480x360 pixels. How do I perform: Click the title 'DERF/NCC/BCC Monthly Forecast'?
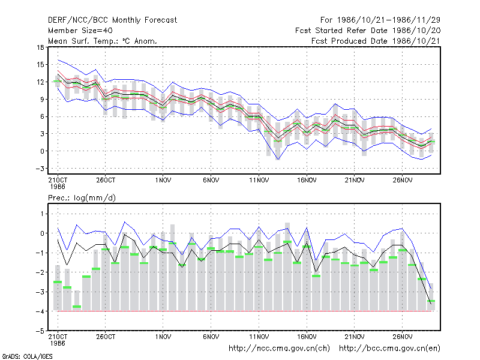tap(112, 20)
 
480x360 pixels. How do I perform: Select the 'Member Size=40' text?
tap(80, 31)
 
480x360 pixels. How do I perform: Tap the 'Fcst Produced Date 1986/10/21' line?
tap(376, 41)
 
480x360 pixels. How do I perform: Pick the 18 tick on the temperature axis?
tap(40, 47)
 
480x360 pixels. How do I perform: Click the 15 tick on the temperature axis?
tap(40, 65)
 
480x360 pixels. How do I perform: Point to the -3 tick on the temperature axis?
tap(39, 169)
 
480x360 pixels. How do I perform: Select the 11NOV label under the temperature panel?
tap(259, 181)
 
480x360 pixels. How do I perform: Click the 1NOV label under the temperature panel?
tap(163, 181)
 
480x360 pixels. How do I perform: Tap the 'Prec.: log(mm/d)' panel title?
tap(82, 198)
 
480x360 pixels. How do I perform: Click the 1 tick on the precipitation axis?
tap(42, 214)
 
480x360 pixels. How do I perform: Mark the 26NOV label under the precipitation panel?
tap(402, 337)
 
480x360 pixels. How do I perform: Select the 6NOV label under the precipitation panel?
tap(211, 337)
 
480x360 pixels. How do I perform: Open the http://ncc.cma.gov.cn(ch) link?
tap(279, 349)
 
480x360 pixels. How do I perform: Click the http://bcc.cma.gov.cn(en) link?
tap(389, 349)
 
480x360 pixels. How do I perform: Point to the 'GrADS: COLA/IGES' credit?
tap(28, 356)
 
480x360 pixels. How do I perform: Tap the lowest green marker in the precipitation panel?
tap(77, 307)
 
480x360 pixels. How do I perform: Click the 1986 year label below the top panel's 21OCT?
tap(58, 187)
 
